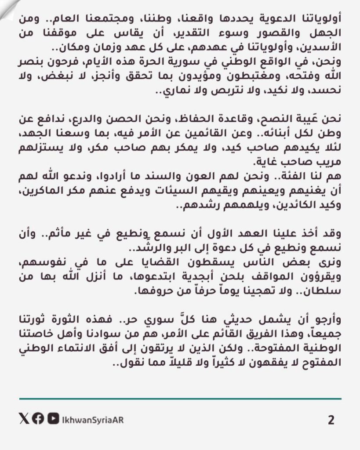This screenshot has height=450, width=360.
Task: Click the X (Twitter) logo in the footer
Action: (24, 419)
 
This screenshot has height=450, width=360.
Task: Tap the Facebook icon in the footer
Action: (38, 419)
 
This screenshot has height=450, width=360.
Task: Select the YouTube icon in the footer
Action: (52, 419)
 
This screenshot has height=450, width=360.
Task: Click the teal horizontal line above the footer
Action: (180, 399)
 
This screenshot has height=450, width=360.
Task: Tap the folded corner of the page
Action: (10, 9)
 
